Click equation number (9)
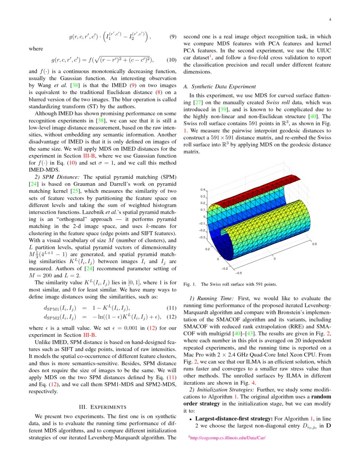[172, 37]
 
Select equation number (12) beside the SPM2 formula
[171, 317]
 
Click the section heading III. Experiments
[102, 407]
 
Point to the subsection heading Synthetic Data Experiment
[219, 87]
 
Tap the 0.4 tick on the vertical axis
[202, 190]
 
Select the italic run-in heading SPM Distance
[62, 176]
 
